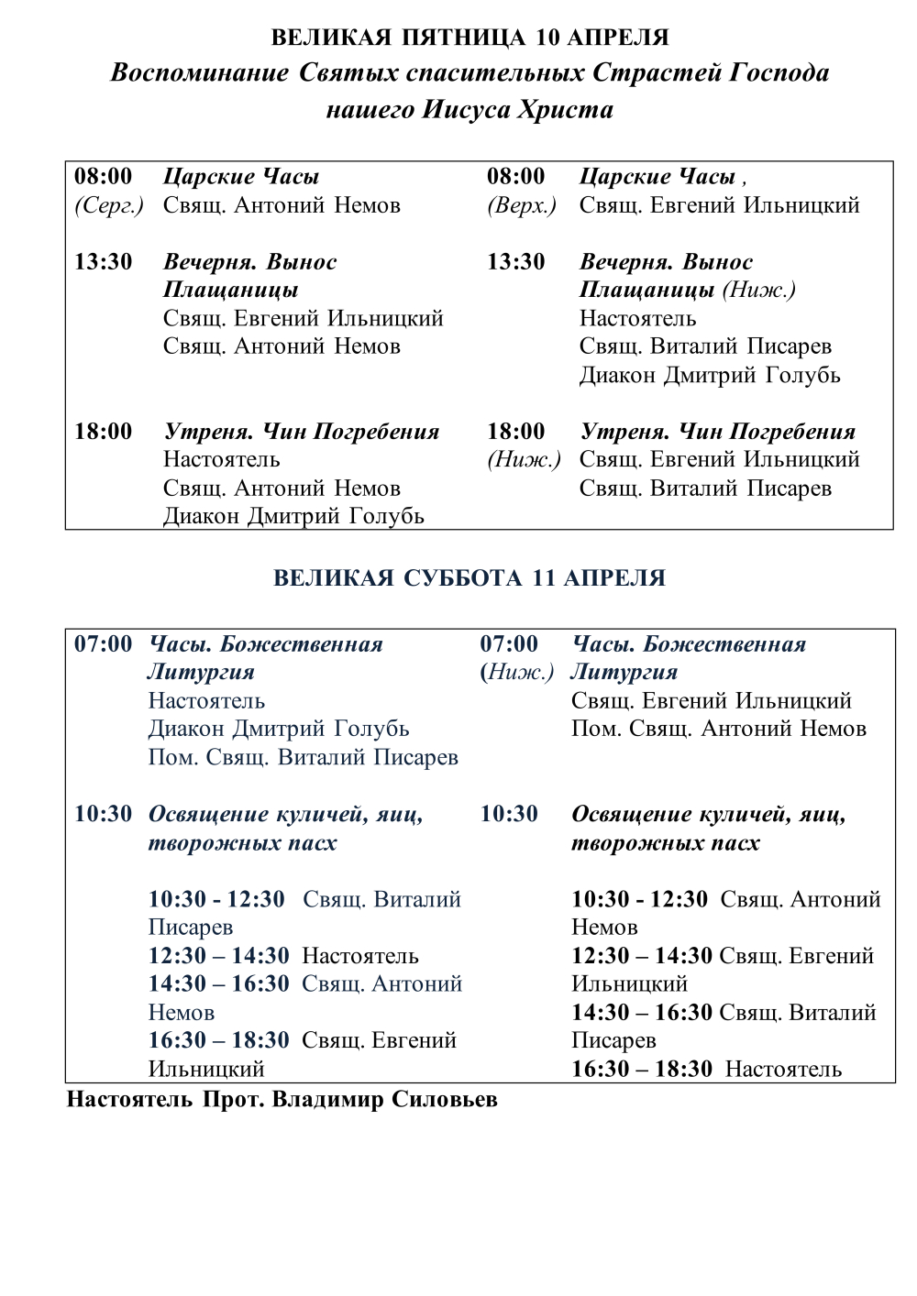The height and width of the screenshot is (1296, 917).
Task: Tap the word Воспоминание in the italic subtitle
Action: [199, 73]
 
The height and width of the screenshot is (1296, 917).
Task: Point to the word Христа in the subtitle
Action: [566, 110]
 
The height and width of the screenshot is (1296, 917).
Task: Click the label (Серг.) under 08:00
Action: [109, 205]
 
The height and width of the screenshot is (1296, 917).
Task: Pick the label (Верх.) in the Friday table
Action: [522, 205]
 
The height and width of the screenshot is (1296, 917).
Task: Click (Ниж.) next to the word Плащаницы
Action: [758, 291]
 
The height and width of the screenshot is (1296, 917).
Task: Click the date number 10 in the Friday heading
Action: [547, 38]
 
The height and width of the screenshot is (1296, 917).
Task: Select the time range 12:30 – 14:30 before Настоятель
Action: [218, 956]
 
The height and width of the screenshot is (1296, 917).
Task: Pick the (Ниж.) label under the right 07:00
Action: [517, 673]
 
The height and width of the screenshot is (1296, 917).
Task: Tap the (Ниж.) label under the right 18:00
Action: [524, 460]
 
